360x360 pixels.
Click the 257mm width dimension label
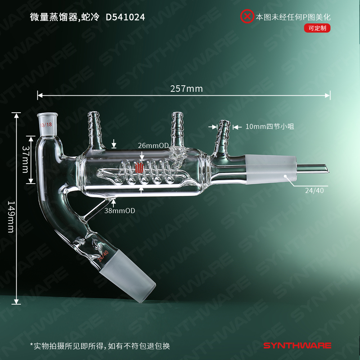(x=186, y=89)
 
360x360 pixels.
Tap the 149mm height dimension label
(x=11, y=216)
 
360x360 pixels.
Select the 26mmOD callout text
(x=153, y=145)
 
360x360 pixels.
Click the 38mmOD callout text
(x=120, y=211)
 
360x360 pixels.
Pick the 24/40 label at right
(x=314, y=191)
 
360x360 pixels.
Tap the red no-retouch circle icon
(x=247, y=17)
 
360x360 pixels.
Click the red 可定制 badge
(x=317, y=28)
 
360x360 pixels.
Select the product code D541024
(x=125, y=17)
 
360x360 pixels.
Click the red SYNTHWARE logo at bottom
(x=297, y=346)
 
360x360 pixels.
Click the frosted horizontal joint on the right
(x=271, y=168)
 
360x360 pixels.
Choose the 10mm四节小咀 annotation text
(x=270, y=126)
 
